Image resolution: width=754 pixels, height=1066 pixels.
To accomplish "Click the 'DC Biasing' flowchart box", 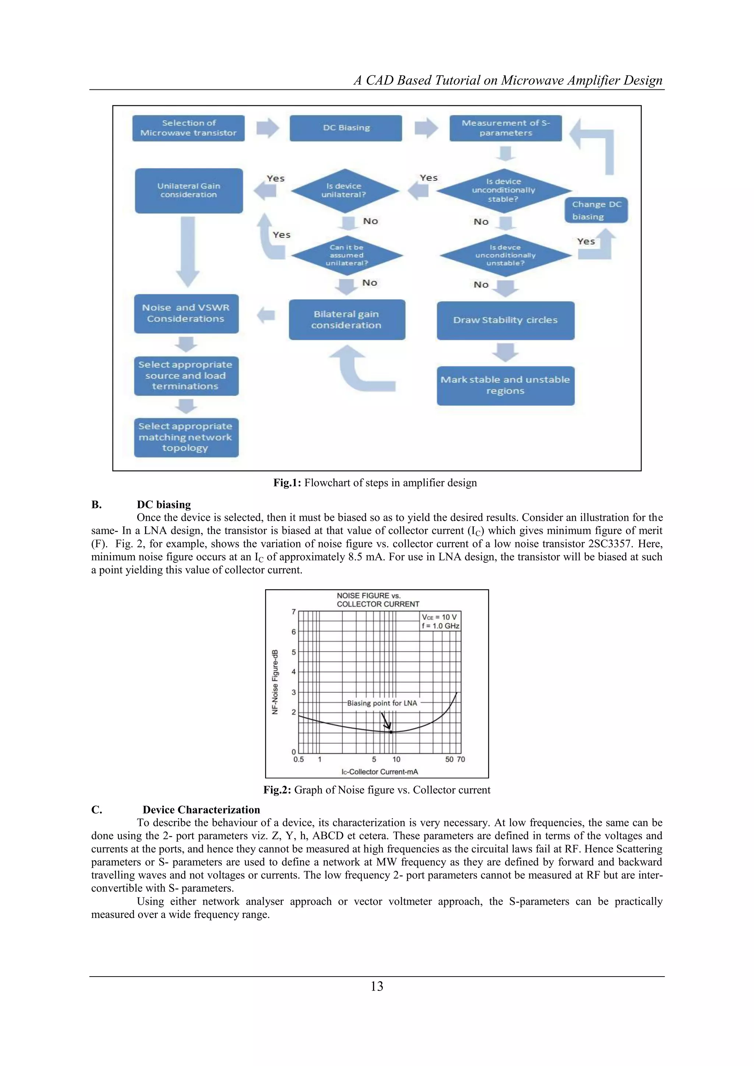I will (x=346, y=128).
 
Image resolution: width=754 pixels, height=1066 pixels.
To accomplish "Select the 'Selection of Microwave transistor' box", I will (x=188, y=128).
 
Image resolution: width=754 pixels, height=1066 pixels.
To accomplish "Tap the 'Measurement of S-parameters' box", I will (x=505, y=128).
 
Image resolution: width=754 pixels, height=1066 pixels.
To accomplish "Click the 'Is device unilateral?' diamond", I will (x=345, y=190).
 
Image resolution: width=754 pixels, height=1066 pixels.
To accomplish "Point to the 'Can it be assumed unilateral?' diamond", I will (x=347, y=255).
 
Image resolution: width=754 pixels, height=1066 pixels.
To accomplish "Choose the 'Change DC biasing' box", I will (x=596, y=210).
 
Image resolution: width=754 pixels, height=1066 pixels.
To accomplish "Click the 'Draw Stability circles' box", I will (x=505, y=320).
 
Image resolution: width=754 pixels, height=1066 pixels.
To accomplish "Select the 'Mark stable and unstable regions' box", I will (x=505, y=385).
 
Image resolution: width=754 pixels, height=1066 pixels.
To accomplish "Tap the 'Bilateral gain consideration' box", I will (x=347, y=320).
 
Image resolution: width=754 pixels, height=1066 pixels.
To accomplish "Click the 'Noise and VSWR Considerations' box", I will (x=186, y=313).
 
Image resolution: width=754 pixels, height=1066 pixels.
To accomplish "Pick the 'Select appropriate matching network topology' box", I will (x=186, y=437).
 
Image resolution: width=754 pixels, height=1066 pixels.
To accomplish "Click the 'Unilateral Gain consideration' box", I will (x=189, y=190).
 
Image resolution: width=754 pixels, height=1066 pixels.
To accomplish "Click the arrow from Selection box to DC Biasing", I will (x=267, y=128).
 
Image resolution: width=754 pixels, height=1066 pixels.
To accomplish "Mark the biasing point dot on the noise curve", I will (x=391, y=732).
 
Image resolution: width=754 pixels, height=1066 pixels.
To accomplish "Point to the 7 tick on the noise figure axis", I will (x=293, y=611).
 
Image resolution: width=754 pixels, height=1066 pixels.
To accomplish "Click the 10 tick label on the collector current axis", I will (x=396, y=760).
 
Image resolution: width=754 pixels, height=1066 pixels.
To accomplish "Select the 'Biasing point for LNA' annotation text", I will (x=382, y=703).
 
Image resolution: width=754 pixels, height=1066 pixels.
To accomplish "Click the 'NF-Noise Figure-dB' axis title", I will (x=275, y=682).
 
